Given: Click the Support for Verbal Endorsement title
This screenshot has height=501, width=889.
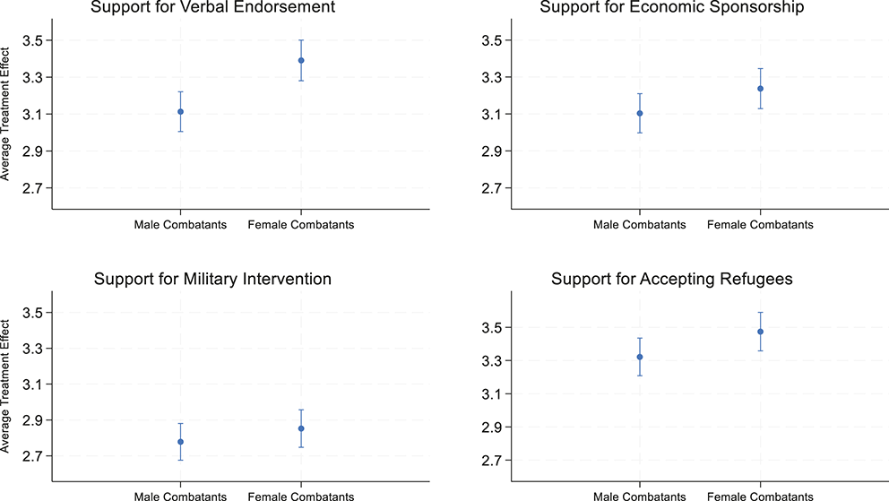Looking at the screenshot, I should pos(213,8).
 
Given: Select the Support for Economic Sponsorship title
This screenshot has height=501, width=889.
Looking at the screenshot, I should pos(668,8).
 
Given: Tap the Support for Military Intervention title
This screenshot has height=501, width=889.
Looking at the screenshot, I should pos(213,279).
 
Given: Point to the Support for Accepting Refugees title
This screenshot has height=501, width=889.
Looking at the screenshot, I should pos(671,279).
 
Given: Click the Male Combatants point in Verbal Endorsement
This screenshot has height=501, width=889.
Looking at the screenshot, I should pos(180,112).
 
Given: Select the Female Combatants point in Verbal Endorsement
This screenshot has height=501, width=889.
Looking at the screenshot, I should pos(301,60).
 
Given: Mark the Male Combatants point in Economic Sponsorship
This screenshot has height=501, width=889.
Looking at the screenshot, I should pos(639,113).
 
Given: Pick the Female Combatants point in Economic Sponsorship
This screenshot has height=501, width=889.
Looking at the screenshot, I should pos(760,89).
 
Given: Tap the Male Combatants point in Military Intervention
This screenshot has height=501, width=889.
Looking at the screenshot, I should pos(180,442).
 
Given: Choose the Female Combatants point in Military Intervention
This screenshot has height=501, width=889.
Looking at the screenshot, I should pos(301,428).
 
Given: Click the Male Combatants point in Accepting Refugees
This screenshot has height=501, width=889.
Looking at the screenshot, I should pos(639,357).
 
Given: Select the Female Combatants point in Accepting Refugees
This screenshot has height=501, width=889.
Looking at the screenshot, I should pos(760,332).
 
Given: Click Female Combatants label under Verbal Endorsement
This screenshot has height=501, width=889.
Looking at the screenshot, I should pos(301,225).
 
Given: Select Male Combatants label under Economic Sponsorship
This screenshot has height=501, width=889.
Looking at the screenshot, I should pos(639,225).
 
